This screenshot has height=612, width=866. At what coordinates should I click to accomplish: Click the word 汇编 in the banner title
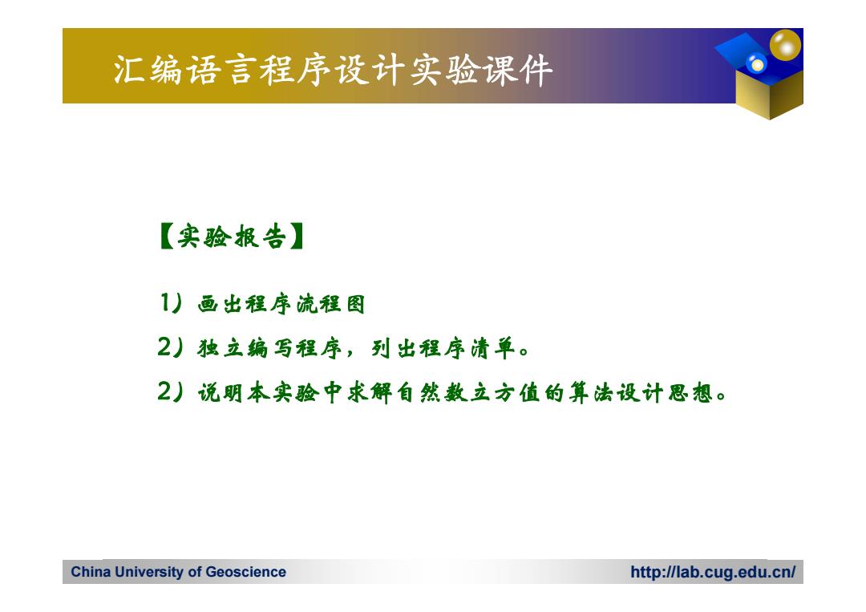point(148,70)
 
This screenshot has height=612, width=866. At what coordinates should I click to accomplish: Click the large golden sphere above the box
point(785,44)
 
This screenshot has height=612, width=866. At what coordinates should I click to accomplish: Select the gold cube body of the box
point(770,94)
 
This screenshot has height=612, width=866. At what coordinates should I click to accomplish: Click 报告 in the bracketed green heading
point(260,237)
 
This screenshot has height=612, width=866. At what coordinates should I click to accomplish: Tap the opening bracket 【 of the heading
point(166,237)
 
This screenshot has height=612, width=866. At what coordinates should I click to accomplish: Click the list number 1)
point(171,302)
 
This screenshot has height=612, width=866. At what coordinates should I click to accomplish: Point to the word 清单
point(493,349)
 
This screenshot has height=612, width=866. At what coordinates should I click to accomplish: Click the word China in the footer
point(91,572)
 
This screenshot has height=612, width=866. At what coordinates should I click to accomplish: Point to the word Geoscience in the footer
point(246,572)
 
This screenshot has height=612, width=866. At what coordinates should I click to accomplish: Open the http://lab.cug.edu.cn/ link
point(713,572)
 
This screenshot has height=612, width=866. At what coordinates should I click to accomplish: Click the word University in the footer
point(150,572)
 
